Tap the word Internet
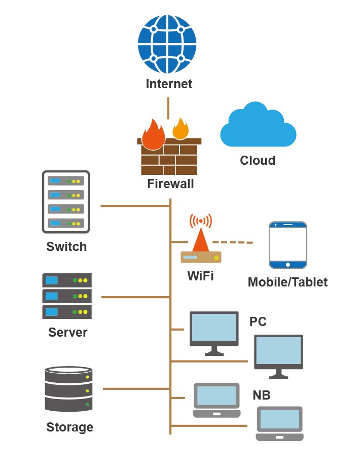click(169, 84)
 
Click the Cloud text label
click(258, 161)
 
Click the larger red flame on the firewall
click(153, 135)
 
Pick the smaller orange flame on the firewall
click(181, 129)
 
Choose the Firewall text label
click(170, 184)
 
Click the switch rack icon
click(66, 202)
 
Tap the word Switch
click(66, 247)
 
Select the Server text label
click(68, 333)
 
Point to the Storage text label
click(69, 427)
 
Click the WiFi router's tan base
click(201, 257)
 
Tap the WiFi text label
click(200, 276)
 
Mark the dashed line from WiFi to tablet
click(232, 242)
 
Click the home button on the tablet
click(288, 264)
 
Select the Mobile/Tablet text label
click(287, 282)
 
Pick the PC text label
click(258, 322)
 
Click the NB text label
click(262, 395)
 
